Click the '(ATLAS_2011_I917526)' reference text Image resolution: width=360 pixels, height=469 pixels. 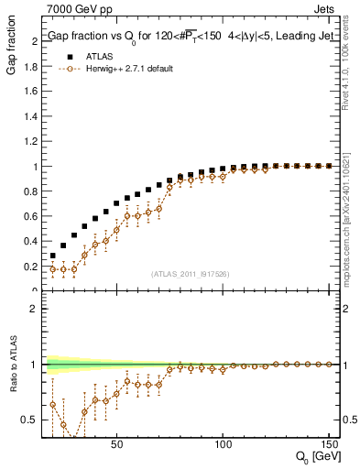[190, 274]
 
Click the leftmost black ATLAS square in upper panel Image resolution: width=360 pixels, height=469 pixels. [53, 256]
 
